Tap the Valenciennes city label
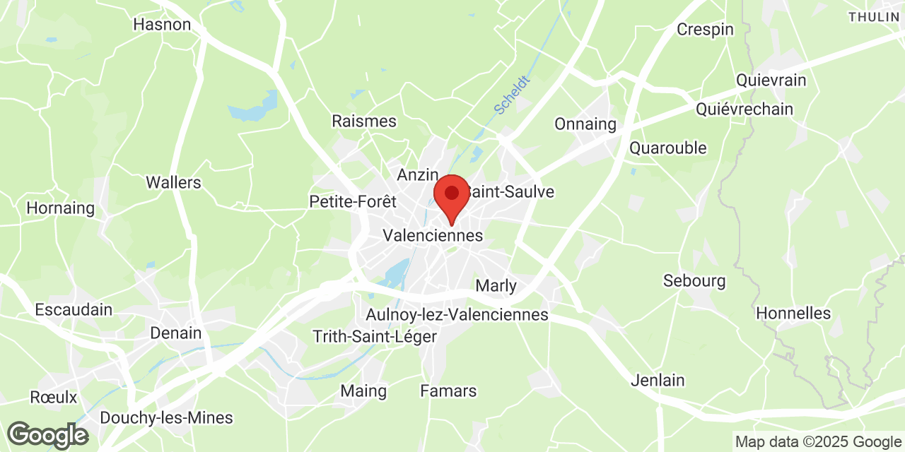click(x=433, y=235)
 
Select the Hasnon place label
click(x=162, y=25)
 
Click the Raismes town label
click(x=364, y=121)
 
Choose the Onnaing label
click(x=585, y=124)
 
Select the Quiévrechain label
click(x=745, y=109)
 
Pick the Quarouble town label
click(x=668, y=148)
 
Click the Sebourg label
click(x=694, y=281)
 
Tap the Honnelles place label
click(x=793, y=313)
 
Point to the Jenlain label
click(x=658, y=381)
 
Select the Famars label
click(x=448, y=391)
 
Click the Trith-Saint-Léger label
click(x=375, y=337)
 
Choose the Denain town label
click(x=176, y=333)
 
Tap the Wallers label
click(x=173, y=182)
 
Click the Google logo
click(x=47, y=435)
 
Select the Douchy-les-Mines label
click(x=166, y=417)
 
